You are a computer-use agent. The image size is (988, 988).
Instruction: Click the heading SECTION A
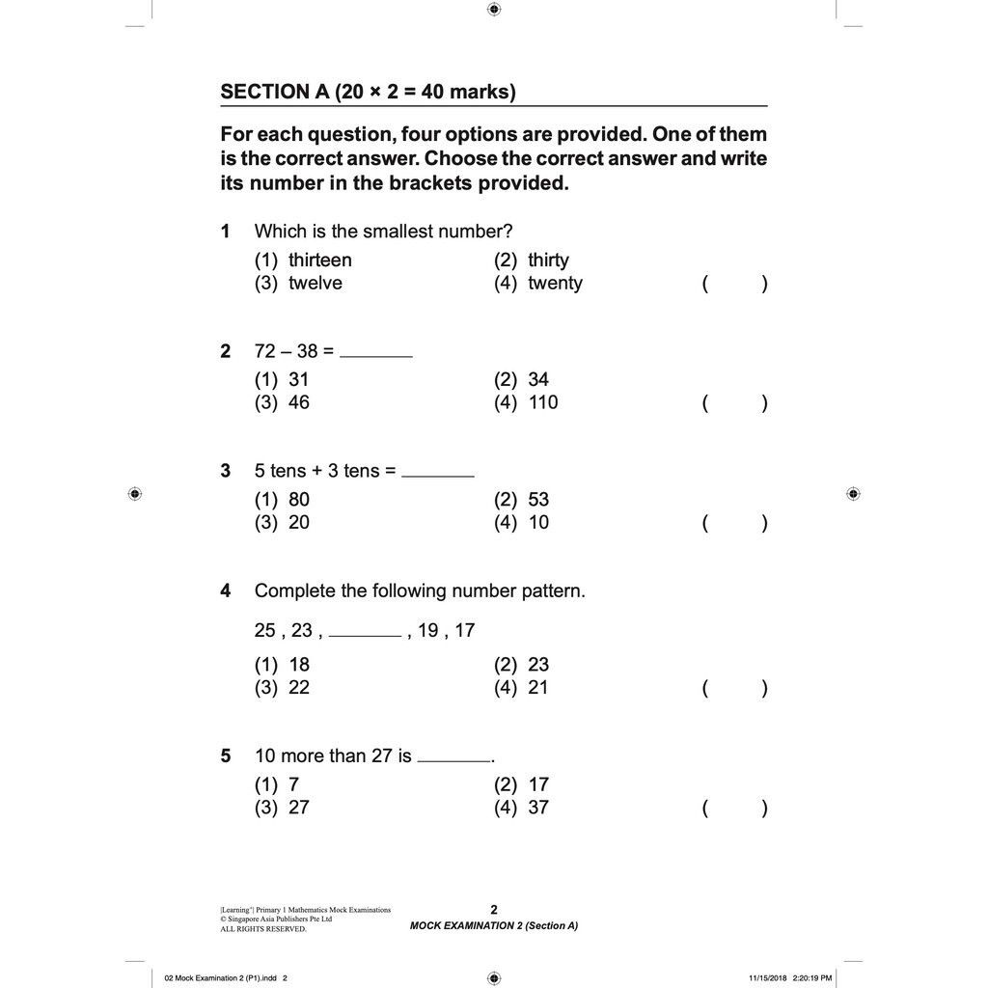pyautogui.click(x=369, y=92)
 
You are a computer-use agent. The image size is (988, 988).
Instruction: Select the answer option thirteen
pyautogui.click(x=319, y=260)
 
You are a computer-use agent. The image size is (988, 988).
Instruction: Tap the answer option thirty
pyautogui.click(x=548, y=260)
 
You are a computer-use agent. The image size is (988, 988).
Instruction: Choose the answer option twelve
pyautogui.click(x=315, y=283)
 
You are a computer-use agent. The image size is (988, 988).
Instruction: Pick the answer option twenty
pyautogui.click(x=555, y=283)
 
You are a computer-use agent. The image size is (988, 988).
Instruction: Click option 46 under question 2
pyautogui.click(x=298, y=402)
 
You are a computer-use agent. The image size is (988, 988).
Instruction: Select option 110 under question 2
pyautogui.click(x=542, y=402)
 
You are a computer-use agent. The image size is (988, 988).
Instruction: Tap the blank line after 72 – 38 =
pyautogui.click(x=376, y=355)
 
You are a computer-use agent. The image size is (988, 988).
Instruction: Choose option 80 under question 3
pyautogui.click(x=298, y=499)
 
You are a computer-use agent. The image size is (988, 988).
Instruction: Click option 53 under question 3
pyautogui.click(x=538, y=499)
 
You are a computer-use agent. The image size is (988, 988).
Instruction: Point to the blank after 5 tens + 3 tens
pyautogui.click(x=438, y=475)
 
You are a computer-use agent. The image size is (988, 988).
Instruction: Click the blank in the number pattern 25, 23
pyautogui.click(x=365, y=635)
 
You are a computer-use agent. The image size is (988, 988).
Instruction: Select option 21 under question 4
pyautogui.click(x=538, y=687)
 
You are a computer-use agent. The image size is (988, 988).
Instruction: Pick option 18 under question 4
pyautogui.click(x=298, y=664)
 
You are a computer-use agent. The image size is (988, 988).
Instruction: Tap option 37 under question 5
pyautogui.click(x=538, y=808)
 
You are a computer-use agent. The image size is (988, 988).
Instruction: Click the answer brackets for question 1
pyautogui.click(x=735, y=284)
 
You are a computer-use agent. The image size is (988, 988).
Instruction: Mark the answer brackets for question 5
pyautogui.click(x=735, y=809)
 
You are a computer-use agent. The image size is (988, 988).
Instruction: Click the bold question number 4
pyautogui.click(x=226, y=590)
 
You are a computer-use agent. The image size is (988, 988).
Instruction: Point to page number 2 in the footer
pyautogui.click(x=494, y=909)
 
